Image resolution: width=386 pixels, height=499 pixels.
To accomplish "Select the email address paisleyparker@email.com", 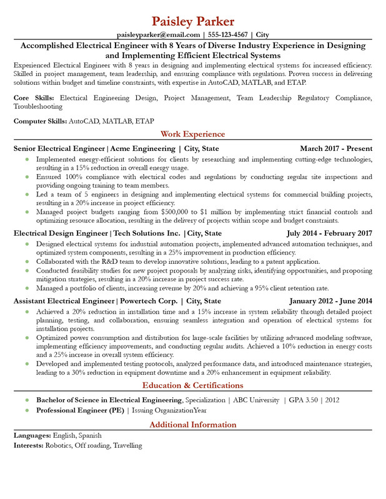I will coord(158,35).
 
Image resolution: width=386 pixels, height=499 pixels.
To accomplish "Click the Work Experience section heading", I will coord(192,134).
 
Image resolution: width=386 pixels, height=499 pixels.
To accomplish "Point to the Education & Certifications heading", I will coord(192,385).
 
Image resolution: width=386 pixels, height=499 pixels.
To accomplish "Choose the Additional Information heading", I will coord(192,425).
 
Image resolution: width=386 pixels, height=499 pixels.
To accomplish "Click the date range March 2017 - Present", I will coord(336,148).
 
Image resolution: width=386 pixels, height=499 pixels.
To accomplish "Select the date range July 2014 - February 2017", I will coord(329,233).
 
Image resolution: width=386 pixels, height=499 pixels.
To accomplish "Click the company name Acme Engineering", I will coord(143,148).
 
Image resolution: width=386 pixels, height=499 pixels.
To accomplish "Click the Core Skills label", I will coord(34,98).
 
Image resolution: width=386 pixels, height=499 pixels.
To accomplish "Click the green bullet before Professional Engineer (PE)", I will coord(27,410).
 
